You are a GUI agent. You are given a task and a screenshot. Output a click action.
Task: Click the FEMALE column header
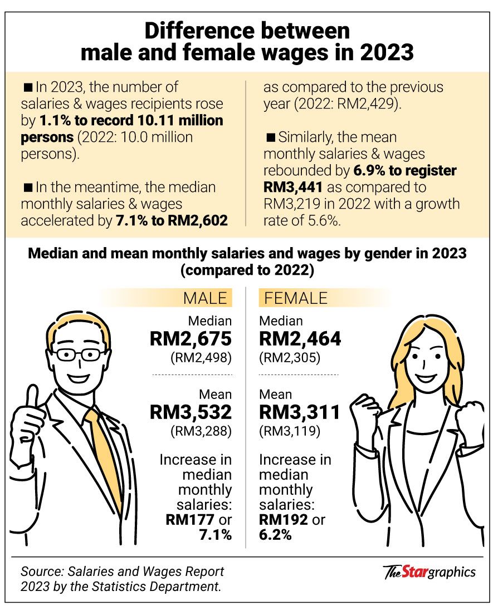(x=296, y=298)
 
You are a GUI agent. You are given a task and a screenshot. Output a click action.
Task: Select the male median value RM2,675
(x=191, y=339)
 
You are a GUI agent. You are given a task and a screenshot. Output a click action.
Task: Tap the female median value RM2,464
(x=300, y=339)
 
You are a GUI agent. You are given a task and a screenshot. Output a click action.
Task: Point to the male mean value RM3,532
(x=191, y=412)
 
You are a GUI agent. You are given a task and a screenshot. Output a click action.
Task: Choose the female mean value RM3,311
(x=300, y=412)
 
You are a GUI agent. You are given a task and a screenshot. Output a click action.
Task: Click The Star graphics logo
(x=429, y=571)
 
